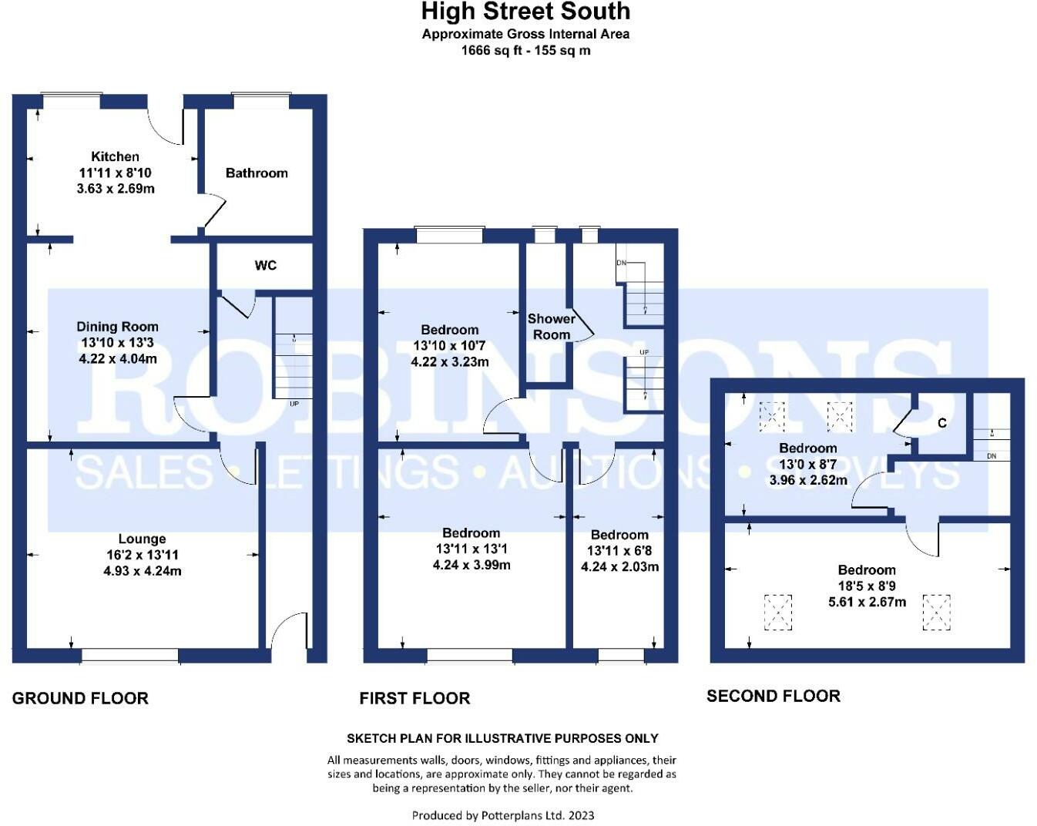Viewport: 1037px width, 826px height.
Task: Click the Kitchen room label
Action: (115, 156)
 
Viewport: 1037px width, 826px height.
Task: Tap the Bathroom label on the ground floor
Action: (257, 173)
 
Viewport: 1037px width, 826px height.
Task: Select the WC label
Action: (266, 265)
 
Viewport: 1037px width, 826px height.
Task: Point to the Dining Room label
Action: (117, 327)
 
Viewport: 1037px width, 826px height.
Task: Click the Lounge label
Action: (143, 539)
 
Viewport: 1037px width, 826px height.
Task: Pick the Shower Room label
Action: (552, 326)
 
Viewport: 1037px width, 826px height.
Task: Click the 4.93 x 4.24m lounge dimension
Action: (143, 571)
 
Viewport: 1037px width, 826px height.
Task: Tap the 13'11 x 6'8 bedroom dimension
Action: (619, 551)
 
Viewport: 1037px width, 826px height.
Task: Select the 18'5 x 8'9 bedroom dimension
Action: (867, 586)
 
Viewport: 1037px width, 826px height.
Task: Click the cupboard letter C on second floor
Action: (942, 423)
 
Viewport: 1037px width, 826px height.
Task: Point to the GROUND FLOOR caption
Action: (80, 698)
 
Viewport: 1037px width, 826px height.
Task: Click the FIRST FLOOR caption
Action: (414, 698)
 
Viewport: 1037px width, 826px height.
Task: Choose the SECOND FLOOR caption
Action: (774, 696)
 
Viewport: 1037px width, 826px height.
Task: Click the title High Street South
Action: (525, 12)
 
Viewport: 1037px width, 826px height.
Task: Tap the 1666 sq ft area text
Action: (492, 51)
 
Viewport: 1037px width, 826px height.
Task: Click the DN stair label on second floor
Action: (992, 456)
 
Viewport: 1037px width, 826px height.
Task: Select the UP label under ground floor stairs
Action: (294, 403)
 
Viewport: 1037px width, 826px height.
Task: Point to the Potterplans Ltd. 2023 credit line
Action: (503, 815)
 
